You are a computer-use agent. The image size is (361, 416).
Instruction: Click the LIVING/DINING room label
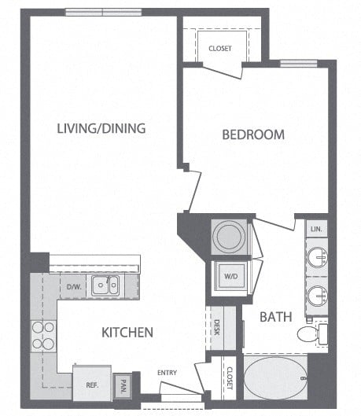tap(101, 127)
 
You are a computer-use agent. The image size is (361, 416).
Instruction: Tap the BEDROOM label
tap(252, 134)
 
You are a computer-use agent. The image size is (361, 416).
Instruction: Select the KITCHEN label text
tap(127, 332)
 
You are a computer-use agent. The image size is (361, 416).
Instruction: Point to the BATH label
tap(276, 317)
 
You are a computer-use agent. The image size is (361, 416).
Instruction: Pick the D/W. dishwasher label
tap(75, 285)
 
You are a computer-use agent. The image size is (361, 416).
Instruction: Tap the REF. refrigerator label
tap(91, 385)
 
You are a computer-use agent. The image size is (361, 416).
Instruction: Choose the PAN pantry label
tap(123, 385)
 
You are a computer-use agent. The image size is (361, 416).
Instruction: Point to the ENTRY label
tap(168, 372)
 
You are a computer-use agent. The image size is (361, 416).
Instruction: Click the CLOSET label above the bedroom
tap(220, 49)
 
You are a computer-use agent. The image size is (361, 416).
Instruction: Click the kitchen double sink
tap(105, 285)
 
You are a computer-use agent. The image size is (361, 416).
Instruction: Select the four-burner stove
tap(42, 335)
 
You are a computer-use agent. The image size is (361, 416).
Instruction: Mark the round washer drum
tap(230, 235)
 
